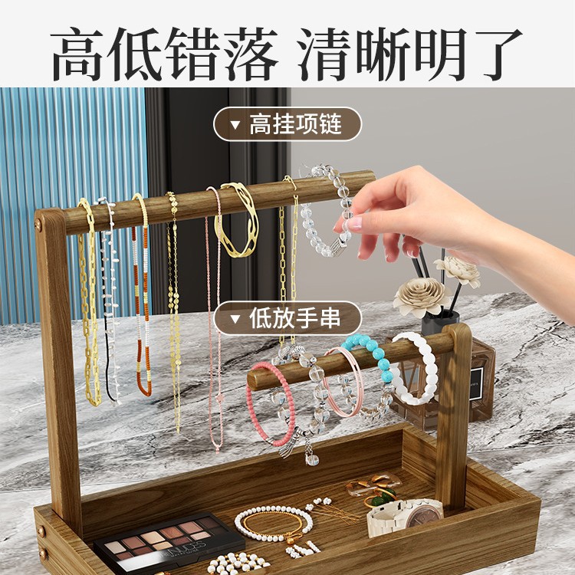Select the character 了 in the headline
[488, 54]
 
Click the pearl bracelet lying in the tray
[273, 523]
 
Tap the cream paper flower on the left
[420, 295]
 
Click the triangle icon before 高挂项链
[235, 123]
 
